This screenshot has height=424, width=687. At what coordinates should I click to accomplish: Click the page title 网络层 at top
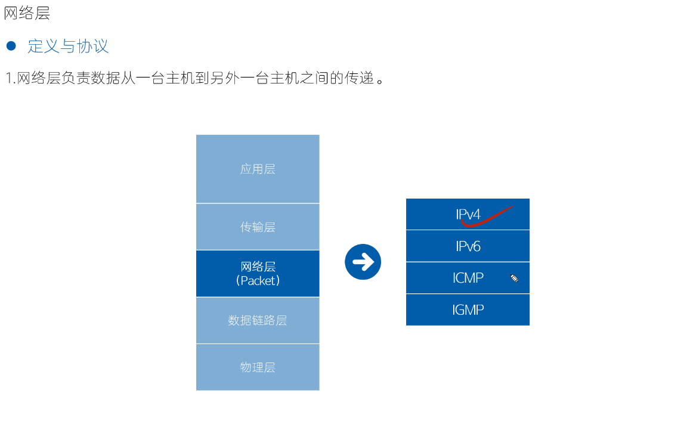[x=27, y=13]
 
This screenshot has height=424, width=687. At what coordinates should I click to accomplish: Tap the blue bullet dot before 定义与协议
[x=11, y=46]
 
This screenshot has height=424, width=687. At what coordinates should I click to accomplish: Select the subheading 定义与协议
[x=68, y=46]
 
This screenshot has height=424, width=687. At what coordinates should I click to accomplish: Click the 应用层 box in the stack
[x=258, y=169]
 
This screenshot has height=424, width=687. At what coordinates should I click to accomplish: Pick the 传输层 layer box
[x=258, y=227]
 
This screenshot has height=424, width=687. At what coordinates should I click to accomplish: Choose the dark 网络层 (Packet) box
[x=258, y=273]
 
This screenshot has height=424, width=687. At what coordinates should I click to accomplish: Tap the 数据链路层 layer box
[x=258, y=320]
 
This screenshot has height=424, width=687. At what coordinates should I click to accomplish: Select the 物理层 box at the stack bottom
[x=258, y=367]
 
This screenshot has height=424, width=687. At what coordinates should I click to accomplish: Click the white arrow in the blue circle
[x=363, y=262]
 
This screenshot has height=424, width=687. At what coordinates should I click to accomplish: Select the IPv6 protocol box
[x=468, y=246]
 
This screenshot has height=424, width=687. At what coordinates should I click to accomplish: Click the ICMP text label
[x=468, y=278]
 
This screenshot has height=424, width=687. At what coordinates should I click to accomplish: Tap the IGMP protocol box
[x=468, y=310]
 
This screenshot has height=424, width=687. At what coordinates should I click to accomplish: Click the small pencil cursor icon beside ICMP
[x=514, y=278]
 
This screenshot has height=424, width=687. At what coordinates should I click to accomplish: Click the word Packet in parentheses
[x=258, y=280]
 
